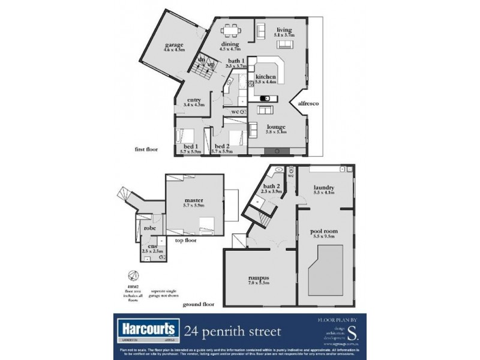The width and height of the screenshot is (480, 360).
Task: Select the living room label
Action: (283, 30)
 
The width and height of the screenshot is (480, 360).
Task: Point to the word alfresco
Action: (308, 104)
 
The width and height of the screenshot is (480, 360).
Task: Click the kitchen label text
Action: (265, 77)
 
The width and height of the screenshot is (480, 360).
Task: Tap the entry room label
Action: (193, 100)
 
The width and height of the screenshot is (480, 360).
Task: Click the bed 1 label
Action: (190, 146)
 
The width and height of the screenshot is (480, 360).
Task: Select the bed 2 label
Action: (222, 146)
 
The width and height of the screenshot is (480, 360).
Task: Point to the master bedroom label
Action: (193, 200)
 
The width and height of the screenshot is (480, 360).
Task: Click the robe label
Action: (149, 229)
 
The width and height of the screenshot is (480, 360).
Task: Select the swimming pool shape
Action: (326, 268)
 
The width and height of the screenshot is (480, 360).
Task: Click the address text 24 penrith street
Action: (232, 331)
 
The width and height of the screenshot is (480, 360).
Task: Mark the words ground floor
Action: (199, 304)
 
